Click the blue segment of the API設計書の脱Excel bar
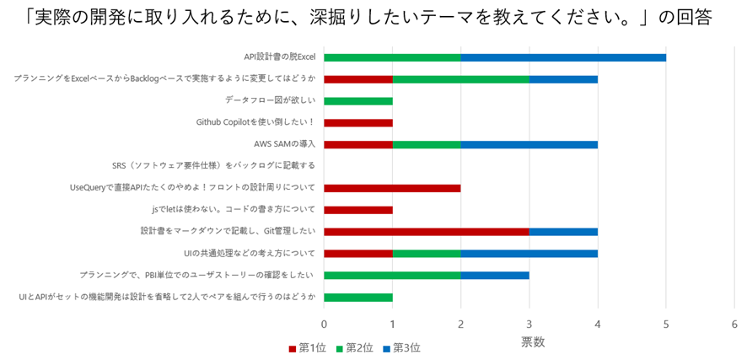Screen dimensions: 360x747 [563, 57]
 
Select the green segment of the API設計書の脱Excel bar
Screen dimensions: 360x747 [392, 57]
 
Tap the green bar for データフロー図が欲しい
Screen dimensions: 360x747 [358, 101]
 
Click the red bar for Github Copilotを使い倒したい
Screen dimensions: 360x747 [358, 122]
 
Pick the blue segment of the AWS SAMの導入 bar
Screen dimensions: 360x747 [529, 144]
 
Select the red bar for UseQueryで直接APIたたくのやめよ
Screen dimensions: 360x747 [392, 188]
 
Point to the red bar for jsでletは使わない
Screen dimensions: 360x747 [358, 209]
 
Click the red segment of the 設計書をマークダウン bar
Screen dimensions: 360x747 [427, 231]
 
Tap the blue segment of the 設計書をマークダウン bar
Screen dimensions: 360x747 [563, 231]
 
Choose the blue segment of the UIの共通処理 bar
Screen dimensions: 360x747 [529, 253]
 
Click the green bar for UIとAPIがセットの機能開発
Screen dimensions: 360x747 [358, 297]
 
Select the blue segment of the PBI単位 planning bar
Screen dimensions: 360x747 [495, 275]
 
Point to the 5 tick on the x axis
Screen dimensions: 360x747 [666, 324]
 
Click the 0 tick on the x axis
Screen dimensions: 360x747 [325, 324]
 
